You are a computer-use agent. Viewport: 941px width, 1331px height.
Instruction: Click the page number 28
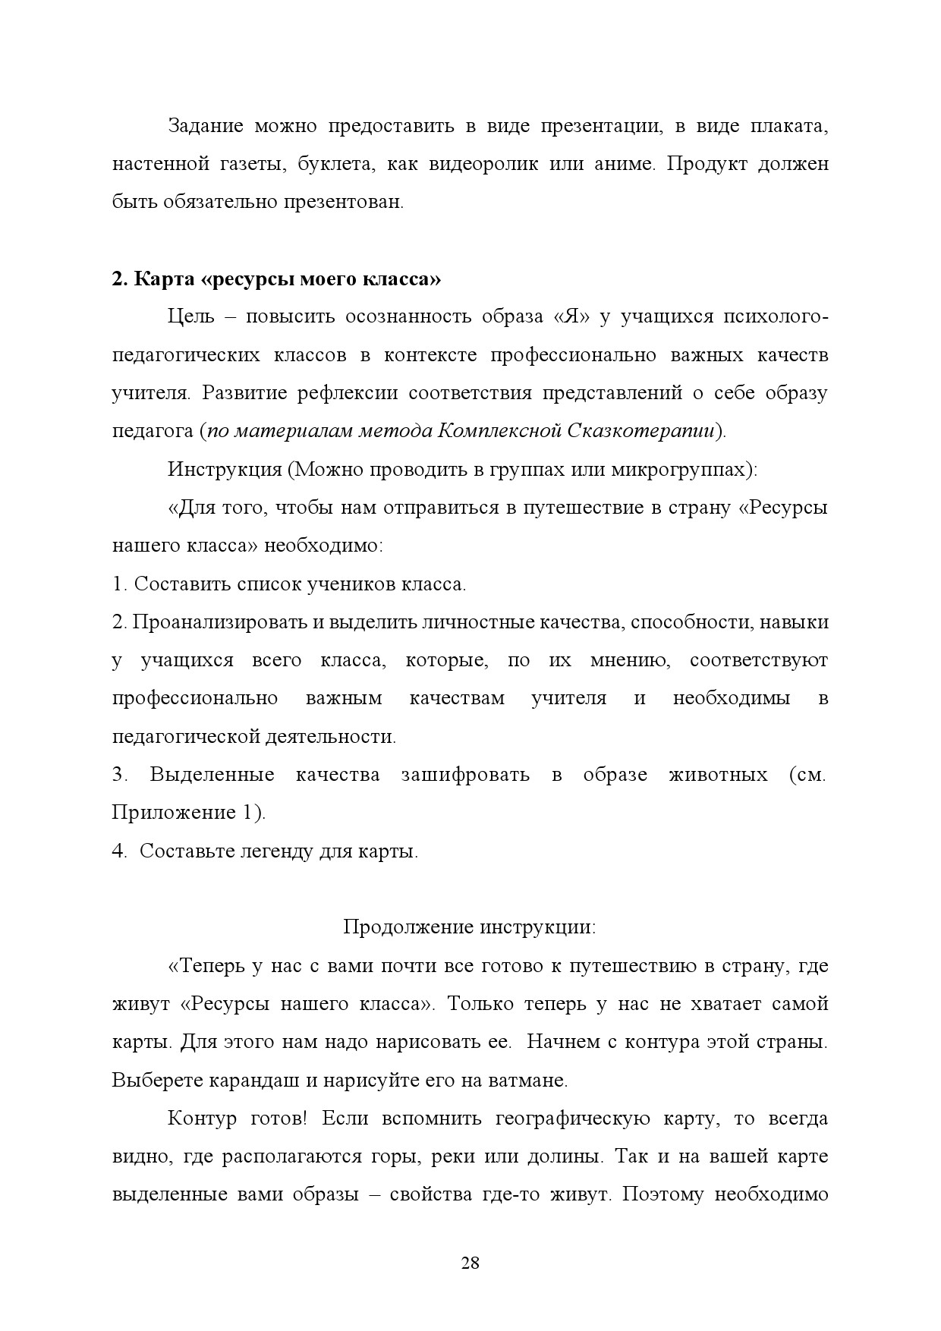click(x=470, y=1263)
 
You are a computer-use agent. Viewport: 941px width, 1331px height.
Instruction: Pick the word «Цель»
click(x=190, y=316)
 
